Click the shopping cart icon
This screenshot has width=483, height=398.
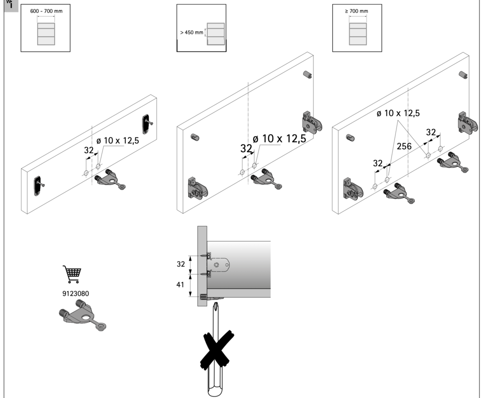72,274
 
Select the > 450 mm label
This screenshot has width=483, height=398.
192,33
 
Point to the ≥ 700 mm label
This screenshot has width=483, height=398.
357,10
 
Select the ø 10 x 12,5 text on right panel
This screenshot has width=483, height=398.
398,113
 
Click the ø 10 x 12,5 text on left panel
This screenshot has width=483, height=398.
117,141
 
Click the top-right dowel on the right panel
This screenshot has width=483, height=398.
463,75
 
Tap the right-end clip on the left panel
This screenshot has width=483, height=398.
147,123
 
